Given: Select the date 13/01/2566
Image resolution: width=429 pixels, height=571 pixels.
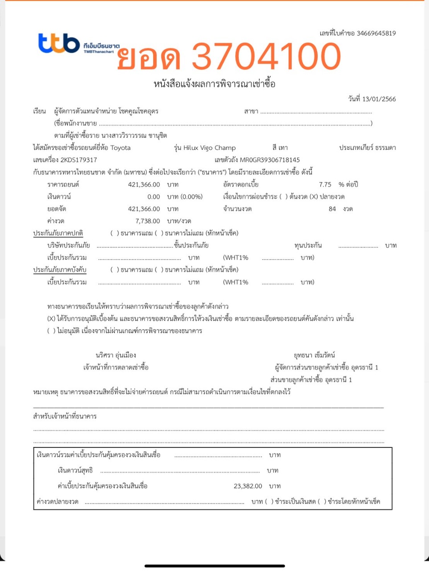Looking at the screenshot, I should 379,99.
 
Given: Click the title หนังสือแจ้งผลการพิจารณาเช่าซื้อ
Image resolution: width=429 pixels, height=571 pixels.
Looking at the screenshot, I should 214,84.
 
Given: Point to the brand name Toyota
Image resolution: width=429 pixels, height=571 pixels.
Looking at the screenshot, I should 120,148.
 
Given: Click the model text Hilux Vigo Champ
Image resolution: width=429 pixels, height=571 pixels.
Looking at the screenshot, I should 209,148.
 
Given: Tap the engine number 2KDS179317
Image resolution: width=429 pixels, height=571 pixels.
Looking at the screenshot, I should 78,160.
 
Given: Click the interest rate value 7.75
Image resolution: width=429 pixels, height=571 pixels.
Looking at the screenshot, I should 325,184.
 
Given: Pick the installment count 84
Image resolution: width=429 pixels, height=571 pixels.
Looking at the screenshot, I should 332,209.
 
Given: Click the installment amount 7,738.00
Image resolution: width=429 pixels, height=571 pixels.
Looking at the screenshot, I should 147,221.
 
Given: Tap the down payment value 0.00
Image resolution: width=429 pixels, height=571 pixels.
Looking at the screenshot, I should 154,197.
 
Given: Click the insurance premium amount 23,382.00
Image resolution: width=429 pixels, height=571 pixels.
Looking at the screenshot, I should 248,486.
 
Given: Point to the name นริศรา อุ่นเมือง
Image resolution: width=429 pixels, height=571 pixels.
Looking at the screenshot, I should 116,355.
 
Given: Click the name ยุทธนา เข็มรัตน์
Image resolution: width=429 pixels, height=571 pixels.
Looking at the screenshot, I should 315,355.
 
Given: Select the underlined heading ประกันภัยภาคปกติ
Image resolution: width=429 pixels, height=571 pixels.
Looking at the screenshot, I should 58,233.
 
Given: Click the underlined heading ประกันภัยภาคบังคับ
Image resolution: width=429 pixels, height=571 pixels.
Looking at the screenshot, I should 60,269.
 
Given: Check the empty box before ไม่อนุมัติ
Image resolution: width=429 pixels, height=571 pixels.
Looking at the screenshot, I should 51,331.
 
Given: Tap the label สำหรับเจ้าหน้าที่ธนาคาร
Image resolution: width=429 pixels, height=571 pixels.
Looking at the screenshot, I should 65,416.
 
